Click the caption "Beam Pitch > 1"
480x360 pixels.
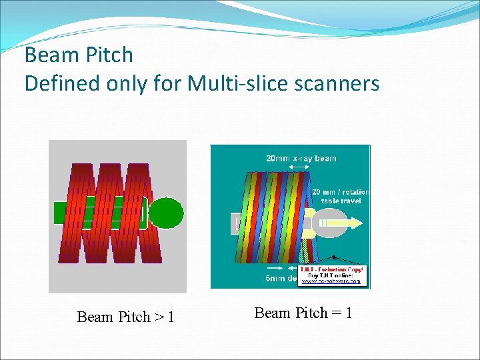point(125,317)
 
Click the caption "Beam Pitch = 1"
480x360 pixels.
point(303,313)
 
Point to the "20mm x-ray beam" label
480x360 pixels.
point(301,159)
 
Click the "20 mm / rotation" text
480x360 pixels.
point(341,192)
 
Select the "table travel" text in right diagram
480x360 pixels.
point(344,201)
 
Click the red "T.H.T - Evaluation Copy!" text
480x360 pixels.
point(331,269)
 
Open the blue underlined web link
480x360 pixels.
point(331,281)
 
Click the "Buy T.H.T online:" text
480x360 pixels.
point(331,275)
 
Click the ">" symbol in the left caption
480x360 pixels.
point(159,317)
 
